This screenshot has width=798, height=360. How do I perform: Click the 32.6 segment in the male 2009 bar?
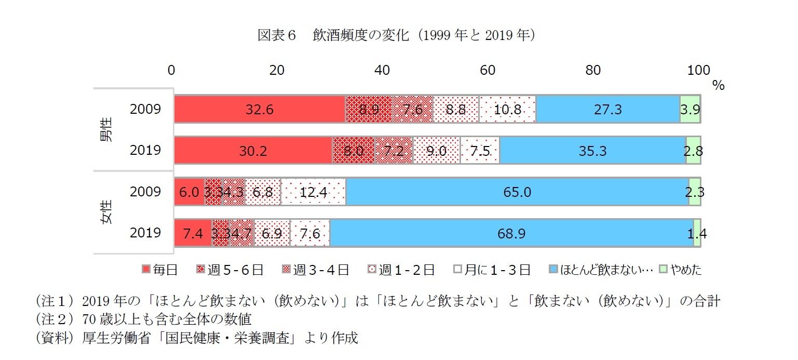tap(260, 109)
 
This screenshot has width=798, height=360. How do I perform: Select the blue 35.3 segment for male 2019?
tap(592, 150)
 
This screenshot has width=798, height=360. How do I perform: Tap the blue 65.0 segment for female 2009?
tap(517, 192)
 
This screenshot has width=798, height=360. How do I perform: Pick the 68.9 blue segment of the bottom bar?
tap(511, 233)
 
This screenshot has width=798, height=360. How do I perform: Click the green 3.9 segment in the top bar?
tap(690, 109)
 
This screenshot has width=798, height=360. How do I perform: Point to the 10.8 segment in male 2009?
tap(507, 109)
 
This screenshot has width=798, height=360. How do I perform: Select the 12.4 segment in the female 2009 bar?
tap(313, 192)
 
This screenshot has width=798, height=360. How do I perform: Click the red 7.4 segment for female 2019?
tap(193, 233)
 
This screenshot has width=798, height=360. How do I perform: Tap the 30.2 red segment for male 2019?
tap(253, 150)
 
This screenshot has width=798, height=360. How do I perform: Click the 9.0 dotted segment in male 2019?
tap(436, 150)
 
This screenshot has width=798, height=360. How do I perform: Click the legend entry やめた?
tap(681, 270)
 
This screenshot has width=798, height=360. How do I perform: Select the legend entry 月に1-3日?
tap(492, 270)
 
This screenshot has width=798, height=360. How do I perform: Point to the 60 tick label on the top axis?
tap(488, 70)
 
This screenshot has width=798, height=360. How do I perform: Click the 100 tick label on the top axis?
tap(698, 70)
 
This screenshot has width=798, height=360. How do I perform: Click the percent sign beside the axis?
tap(718, 86)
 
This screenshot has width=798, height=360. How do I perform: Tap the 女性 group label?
tap(106, 212)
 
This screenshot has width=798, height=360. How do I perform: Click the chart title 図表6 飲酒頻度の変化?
tap(397, 35)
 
